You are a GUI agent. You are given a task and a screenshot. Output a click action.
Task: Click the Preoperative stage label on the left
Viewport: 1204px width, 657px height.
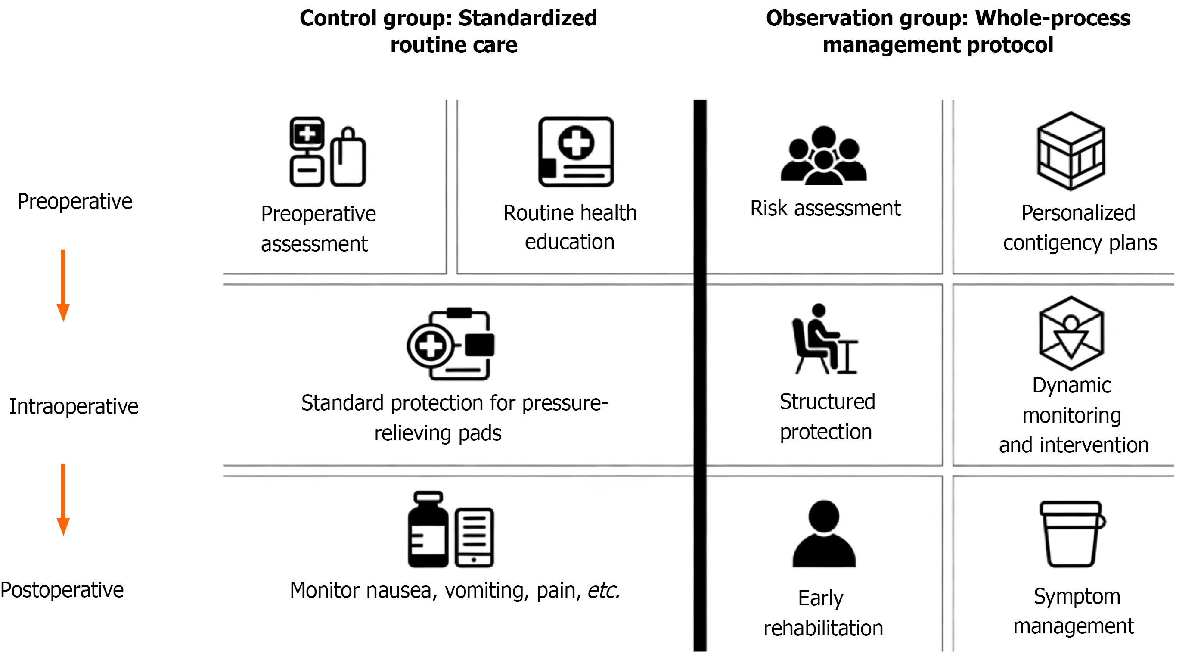[75, 202]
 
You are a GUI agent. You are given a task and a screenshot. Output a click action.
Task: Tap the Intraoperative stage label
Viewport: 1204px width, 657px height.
[74, 406]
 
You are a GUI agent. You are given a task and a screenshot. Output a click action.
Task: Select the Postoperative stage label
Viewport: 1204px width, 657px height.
[62, 590]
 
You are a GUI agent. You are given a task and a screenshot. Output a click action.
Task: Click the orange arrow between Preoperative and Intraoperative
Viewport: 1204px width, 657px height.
[63, 285]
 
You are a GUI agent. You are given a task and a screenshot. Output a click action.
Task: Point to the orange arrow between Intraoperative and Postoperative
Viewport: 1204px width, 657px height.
[63, 499]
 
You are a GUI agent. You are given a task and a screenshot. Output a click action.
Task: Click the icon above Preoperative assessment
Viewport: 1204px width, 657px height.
[327, 152]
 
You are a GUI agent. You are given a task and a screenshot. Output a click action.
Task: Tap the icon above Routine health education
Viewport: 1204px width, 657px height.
[576, 152]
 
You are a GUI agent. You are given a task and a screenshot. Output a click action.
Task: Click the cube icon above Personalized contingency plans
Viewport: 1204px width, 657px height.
[1071, 151]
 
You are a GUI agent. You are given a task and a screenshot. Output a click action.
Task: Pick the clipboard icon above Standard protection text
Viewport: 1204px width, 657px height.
[450, 344]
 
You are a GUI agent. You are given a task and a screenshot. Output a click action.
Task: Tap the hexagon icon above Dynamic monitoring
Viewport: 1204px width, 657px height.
[1071, 333]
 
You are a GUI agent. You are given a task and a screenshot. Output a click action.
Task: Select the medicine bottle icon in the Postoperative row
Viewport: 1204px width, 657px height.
[428, 529]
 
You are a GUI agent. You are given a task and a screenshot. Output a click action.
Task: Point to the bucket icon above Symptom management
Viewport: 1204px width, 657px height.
[1072, 534]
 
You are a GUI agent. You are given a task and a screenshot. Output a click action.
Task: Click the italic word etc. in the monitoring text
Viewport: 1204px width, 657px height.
[603, 590]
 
